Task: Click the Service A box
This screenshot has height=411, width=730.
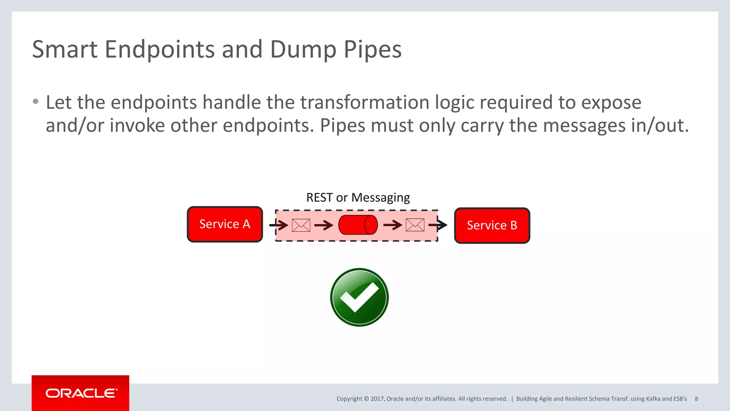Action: point(225,224)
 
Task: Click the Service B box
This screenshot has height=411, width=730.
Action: point(492,225)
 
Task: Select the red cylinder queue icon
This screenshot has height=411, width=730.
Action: point(358,225)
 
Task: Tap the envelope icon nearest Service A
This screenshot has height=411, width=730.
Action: point(301,225)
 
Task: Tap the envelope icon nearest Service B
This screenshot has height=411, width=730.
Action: point(415,225)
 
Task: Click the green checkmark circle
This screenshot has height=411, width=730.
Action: point(359,297)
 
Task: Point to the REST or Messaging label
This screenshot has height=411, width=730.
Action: point(358,197)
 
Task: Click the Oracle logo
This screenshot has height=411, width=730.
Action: point(81,393)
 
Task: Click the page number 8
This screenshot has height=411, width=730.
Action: point(696,399)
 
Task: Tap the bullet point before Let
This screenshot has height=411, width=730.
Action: point(35,102)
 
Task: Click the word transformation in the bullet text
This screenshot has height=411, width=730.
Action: point(365,102)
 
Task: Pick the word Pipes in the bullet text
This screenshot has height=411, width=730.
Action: point(342,126)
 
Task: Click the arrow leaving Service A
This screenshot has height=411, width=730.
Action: point(278,225)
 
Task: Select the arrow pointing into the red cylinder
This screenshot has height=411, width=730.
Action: point(324,225)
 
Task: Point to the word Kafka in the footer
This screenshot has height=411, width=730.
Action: point(653,399)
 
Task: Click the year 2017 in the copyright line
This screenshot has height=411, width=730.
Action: point(377,399)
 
